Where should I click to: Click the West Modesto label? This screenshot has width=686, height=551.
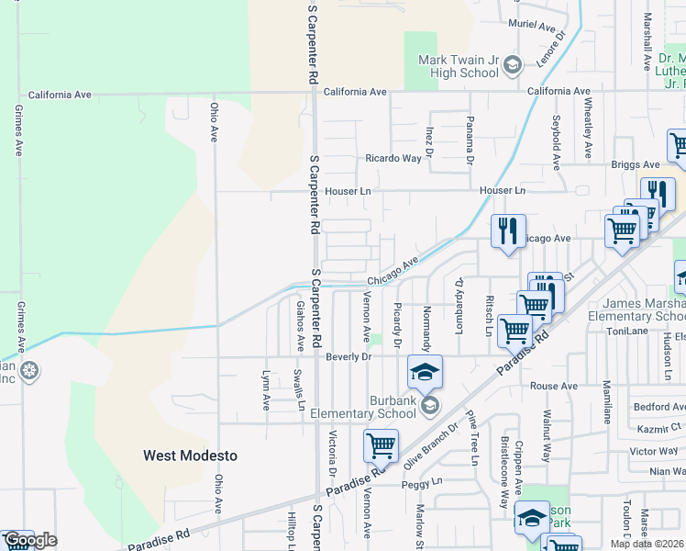[x=190, y=455]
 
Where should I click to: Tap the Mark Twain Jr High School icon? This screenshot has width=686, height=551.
[x=512, y=63]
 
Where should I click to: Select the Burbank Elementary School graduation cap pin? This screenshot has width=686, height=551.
[x=425, y=372]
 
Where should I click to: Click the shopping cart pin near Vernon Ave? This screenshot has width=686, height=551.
[x=381, y=446]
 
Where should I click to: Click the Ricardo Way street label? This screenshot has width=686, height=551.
[x=393, y=158]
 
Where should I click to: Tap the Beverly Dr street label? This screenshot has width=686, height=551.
[x=348, y=356]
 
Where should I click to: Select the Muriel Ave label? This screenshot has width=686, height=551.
[x=527, y=27]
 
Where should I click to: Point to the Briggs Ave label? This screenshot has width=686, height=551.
[x=636, y=165]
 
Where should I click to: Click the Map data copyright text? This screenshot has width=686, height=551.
[x=647, y=544]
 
